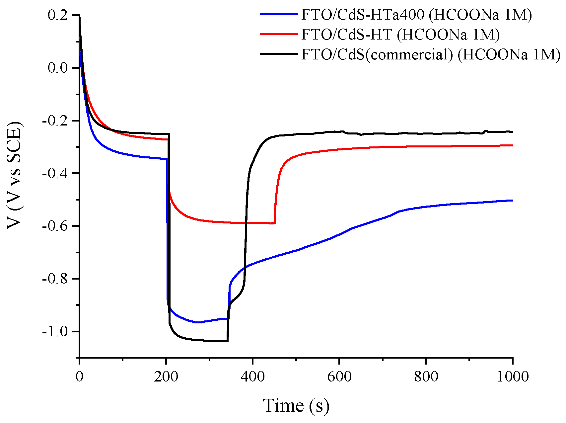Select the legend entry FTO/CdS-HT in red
(400, 34)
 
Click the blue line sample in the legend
(279, 14)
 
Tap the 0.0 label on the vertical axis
(58, 68)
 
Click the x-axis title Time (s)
(296, 405)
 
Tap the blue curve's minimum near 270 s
(197, 322)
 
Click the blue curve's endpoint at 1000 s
(512, 200)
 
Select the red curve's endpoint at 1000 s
(512, 145)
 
